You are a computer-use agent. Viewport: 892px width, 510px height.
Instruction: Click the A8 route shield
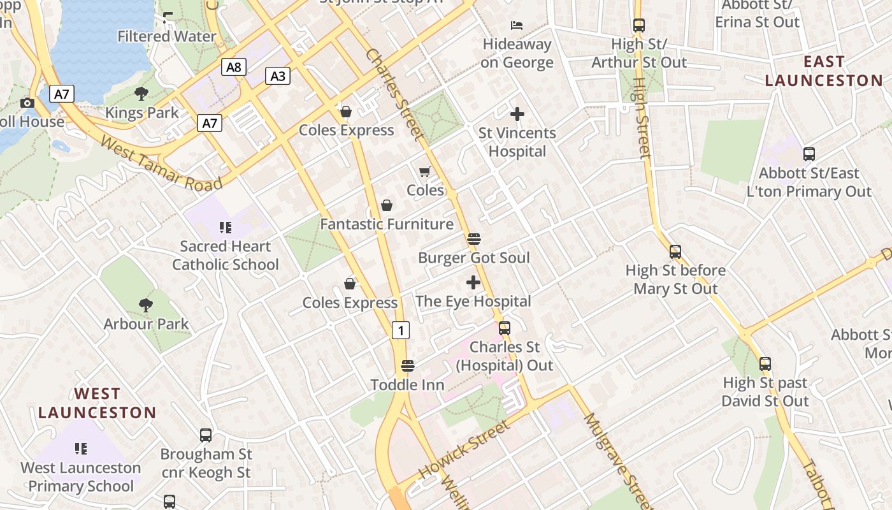234,67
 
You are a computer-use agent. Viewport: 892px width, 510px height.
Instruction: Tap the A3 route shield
278,76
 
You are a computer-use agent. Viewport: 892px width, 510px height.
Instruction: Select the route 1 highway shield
400,330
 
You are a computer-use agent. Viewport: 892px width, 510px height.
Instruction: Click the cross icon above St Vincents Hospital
517,114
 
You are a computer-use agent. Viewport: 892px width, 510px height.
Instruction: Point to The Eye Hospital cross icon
473,282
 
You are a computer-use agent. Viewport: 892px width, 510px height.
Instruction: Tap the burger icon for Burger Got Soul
473,239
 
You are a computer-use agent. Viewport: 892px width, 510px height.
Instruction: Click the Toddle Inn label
407,385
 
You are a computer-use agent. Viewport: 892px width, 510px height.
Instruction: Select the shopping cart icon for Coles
425,171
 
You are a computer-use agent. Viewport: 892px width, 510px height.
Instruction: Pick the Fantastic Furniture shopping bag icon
387,205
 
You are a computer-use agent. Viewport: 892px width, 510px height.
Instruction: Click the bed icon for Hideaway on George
517,25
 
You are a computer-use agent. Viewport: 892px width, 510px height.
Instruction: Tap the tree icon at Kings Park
141,94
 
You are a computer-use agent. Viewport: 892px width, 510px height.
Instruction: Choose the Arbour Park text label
147,324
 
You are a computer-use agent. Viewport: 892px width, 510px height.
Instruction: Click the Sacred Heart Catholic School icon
225,227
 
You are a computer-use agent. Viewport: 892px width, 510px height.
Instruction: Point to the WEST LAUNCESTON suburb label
97,403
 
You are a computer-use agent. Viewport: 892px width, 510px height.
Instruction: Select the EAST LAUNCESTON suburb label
824,71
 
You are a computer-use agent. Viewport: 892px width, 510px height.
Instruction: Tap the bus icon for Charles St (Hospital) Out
505,328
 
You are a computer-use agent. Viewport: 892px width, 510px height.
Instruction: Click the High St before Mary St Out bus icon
675,252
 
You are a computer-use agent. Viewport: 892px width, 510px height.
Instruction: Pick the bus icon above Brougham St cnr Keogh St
206,435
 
